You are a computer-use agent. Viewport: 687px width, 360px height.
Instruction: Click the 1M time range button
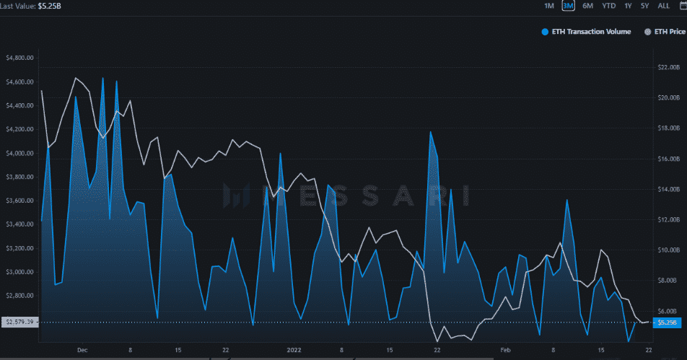click(549, 6)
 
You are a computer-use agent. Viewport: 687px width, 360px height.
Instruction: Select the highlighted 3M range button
click(568, 6)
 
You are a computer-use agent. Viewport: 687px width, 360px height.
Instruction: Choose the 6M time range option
click(587, 6)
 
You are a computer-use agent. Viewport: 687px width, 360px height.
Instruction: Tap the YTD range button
click(609, 6)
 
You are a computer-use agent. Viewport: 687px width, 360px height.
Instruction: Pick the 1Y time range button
click(628, 6)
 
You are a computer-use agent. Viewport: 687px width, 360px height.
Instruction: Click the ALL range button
click(664, 6)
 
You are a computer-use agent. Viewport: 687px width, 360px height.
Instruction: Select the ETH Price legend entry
click(665, 32)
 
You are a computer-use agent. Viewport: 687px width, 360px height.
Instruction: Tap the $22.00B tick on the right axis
click(668, 67)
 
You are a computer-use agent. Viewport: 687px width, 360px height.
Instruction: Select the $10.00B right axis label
click(668, 250)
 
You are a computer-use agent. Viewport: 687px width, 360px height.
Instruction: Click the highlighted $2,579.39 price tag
click(19, 322)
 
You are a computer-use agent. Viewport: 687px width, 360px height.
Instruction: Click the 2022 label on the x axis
click(294, 350)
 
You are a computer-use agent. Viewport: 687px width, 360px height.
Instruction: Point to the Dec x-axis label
click(82, 350)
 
